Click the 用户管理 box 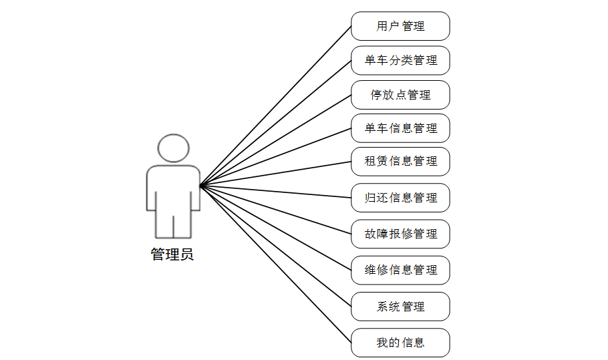pos(400,26)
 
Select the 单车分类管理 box pos(400,60)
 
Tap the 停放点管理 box pos(400,95)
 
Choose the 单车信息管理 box pos(400,128)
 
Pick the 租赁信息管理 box pos(400,161)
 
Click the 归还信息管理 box pos(400,198)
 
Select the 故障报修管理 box pos(400,234)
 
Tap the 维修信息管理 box pos(400,270)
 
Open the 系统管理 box pos(400,307)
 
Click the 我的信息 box pos(400,343)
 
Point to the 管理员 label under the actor pos(172,254)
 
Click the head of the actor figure pos(173,148)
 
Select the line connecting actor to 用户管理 pos(275,106)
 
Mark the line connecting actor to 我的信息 pos(275,264)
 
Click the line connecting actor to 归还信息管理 pos(275,191)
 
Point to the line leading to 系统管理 pos(275,246)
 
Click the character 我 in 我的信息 pos(382,343)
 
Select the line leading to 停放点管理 pos(275,140)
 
